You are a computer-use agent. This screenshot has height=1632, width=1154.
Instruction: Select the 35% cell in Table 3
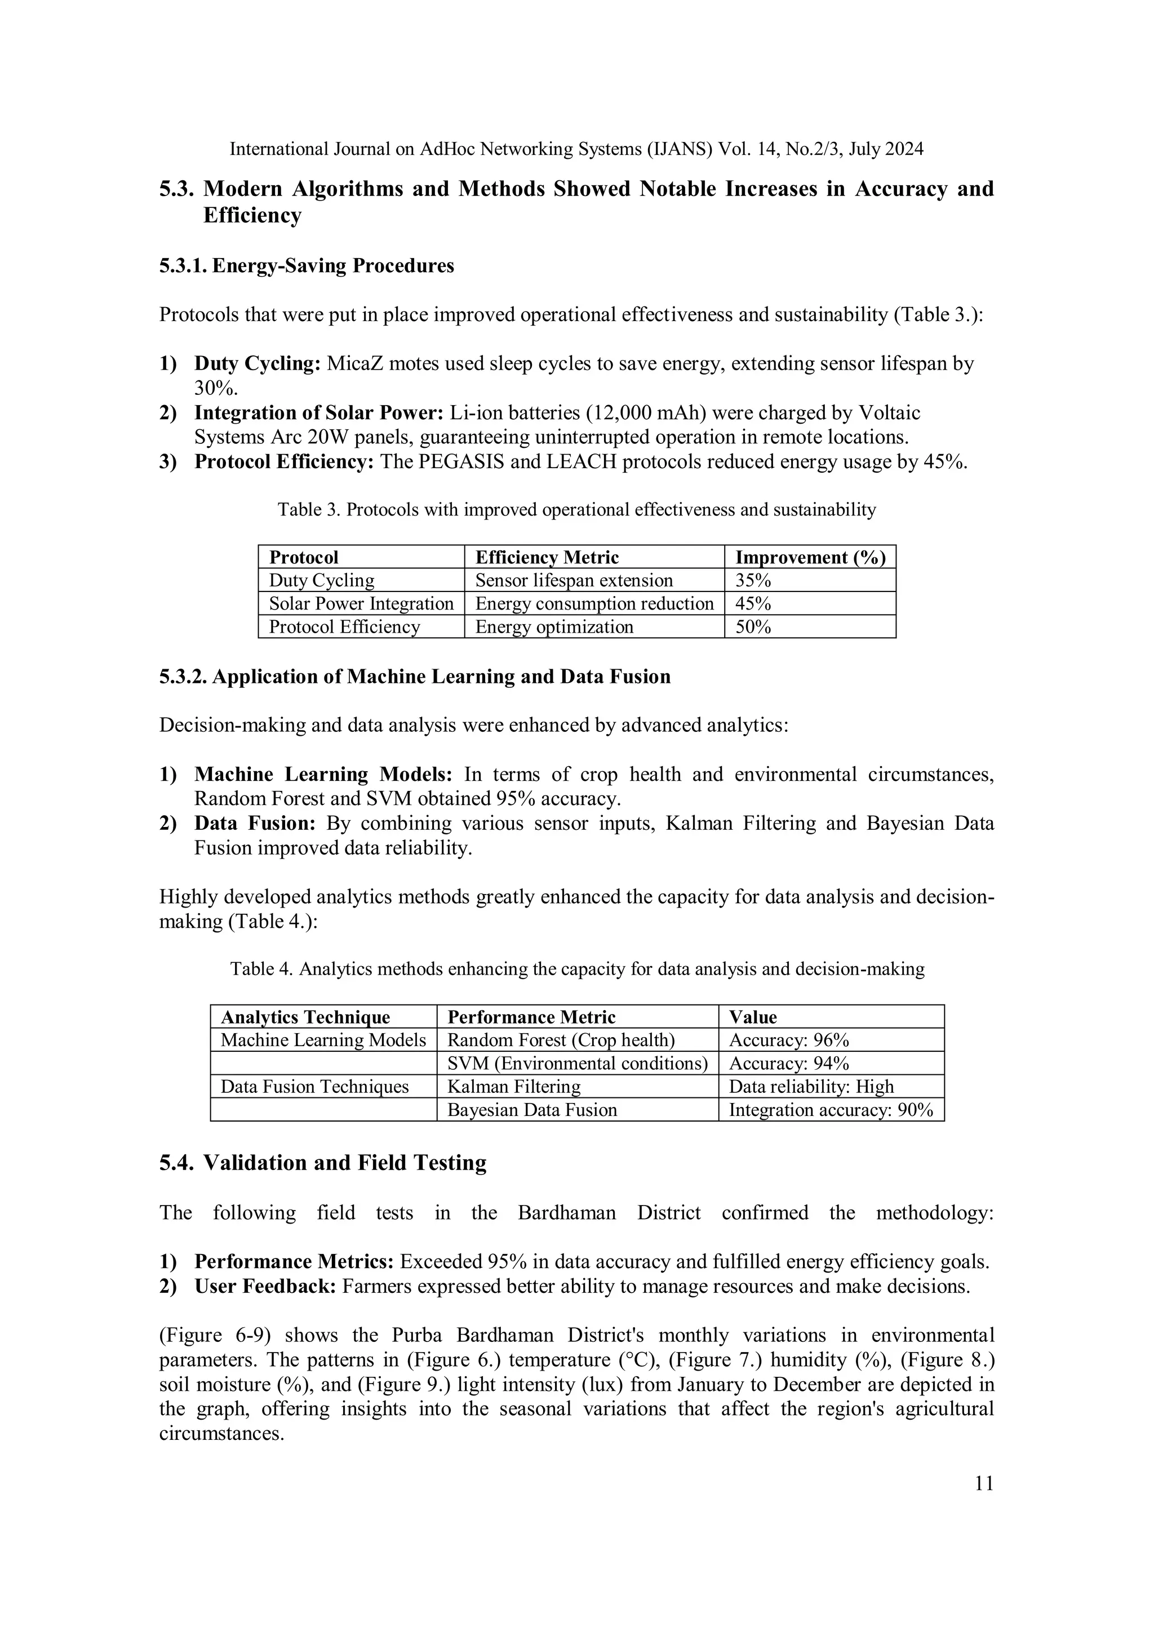click(x=753, y=580)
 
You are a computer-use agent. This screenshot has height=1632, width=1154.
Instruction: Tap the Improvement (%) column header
click(x=810, y=557)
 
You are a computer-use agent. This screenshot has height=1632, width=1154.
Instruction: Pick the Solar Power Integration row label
click(x=361, y=603)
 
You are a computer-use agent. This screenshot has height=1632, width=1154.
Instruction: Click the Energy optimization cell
click(x=554, y=627)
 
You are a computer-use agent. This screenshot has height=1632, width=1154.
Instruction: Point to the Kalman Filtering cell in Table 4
click(x=513, y=1086)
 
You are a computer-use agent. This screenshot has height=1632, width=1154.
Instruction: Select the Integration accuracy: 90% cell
click(x=831, y=1110)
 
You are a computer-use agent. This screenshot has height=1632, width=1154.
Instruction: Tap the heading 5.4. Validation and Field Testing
click(x=323, y=1163)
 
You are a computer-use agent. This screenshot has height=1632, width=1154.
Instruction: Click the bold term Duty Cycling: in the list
click(x=258, y=364)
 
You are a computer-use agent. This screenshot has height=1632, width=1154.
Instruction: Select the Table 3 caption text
click(x=576, y=510)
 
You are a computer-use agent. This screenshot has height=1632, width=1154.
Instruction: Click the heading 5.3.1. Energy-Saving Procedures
click(x=307, y=266)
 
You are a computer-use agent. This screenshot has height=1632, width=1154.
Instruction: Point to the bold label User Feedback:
click(x=264, y=1287)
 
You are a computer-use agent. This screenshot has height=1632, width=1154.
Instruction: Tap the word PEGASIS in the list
click(x=461, y=462)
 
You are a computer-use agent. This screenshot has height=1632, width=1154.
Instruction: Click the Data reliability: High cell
click(x=811, y=1086)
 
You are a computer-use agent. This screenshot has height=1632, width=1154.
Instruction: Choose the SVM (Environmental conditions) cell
click(x=578, y=1064)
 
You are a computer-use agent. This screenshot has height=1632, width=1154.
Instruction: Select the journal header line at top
click(x=576, y=149)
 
